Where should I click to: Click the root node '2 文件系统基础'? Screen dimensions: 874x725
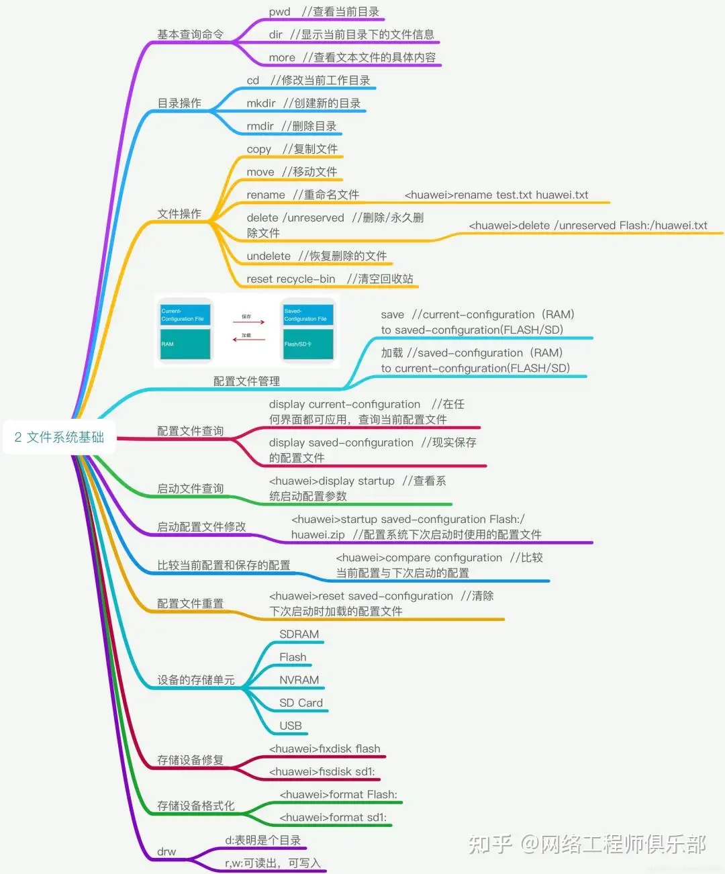59,437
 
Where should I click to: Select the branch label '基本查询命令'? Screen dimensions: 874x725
190,34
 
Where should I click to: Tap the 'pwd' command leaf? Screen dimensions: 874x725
280,11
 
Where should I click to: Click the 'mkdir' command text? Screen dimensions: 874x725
261,103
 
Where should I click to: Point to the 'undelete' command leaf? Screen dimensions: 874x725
269,256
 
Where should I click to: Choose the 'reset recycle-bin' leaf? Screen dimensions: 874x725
291,279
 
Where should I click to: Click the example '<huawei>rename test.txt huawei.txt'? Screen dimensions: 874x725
496,195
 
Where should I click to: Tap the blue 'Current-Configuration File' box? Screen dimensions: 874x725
185,314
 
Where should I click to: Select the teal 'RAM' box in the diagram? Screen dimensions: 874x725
185,344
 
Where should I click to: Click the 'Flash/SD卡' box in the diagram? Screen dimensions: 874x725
307,344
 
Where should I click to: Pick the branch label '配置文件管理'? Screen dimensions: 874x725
246,381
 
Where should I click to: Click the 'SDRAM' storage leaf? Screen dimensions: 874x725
299,634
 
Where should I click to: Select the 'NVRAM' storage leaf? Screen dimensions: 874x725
299,680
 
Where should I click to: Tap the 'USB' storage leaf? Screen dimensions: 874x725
291,726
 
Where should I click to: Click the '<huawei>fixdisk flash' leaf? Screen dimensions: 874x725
324,748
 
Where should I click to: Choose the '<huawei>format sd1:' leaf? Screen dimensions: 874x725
333,817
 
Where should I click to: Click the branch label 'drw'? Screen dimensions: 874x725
166,852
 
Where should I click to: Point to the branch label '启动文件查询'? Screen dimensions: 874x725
190,489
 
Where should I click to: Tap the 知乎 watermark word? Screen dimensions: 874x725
490,844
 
